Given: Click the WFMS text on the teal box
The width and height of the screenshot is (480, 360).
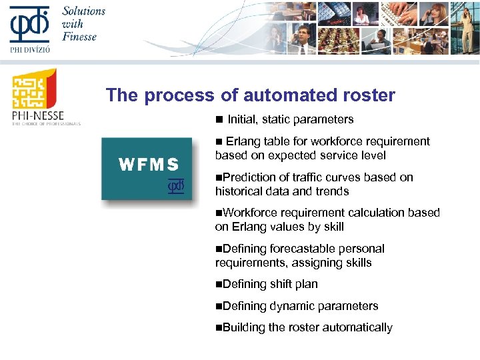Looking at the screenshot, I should pyautogui.click(x=149, y=164).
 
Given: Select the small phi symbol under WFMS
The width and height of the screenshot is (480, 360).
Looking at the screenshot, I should pyautogui.click(x=175, y=187).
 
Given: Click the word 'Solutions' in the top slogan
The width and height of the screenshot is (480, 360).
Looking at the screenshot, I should pyautogui.click(x=84, y=11).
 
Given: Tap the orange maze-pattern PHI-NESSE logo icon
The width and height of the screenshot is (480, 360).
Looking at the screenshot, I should pyautogui.click(x=34, y=91).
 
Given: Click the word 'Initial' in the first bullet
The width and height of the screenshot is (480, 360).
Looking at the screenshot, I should pyautogui.click(x=242, y=119).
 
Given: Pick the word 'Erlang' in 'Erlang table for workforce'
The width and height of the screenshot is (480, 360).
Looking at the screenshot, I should pyautogui.click(x=244, y=141).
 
